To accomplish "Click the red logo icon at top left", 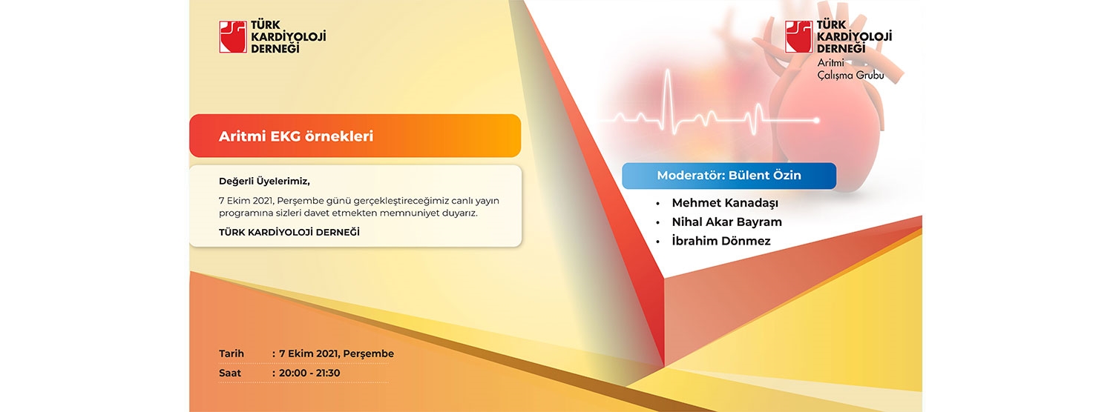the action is click(233, 37).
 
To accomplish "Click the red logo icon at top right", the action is click(799, 37).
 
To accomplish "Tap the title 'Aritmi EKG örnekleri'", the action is click(295, 136).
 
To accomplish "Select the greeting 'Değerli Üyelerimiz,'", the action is click(264, 182).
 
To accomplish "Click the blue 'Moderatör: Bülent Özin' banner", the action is click(729, 176).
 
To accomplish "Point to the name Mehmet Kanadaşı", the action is click(725, 203).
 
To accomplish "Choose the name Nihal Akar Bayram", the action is click(727, 222).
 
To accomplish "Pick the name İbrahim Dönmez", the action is click(721, 241).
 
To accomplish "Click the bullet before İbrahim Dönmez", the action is click(658, 242).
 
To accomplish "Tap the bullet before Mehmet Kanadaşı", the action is click(658, 204).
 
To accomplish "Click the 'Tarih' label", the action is click(231, 353).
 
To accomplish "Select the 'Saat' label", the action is click(229, 373).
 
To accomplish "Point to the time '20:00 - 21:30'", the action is click(309, 373).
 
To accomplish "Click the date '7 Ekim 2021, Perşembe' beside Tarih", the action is click(336, 354).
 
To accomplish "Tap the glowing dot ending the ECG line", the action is click(816, 120).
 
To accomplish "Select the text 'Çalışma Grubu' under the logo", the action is click(850, 76).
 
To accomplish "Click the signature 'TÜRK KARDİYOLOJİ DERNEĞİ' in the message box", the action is click(289, 233).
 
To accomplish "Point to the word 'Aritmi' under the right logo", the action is click(831, 63).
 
